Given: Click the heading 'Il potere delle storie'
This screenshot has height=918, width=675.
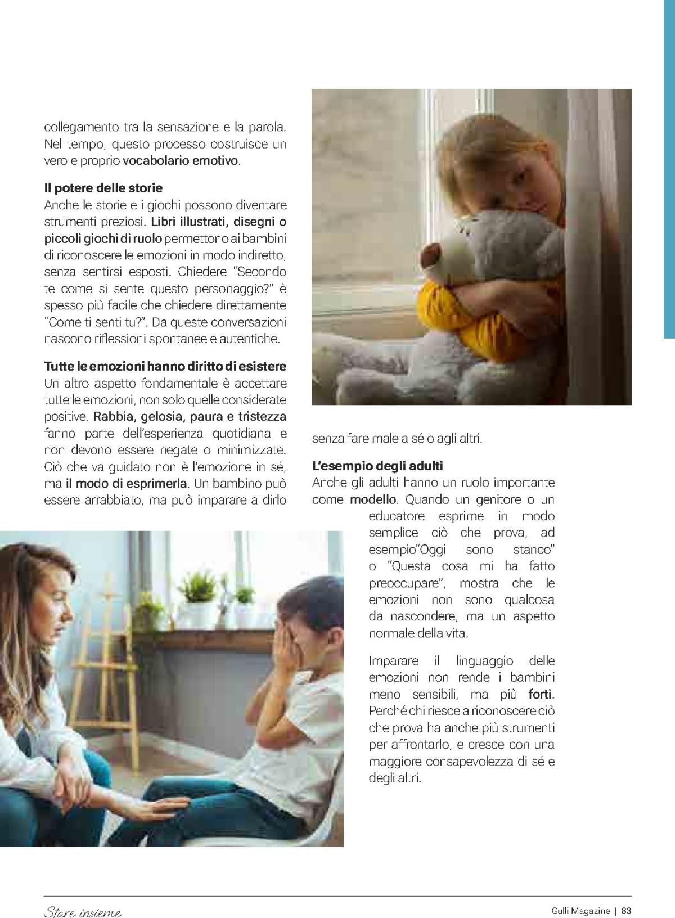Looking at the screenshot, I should (x=103, y=188).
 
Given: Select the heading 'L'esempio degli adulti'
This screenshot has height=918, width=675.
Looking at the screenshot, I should (x=377, y=466).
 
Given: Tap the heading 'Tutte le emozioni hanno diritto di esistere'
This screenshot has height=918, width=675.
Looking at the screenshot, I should (x=165, y=367).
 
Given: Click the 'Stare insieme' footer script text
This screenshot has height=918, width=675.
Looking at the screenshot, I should (x=82, y=912).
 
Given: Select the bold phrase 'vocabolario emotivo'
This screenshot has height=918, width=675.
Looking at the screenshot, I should (x=181, y=161).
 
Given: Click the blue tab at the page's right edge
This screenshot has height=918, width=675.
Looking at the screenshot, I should (x=669, y=169).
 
